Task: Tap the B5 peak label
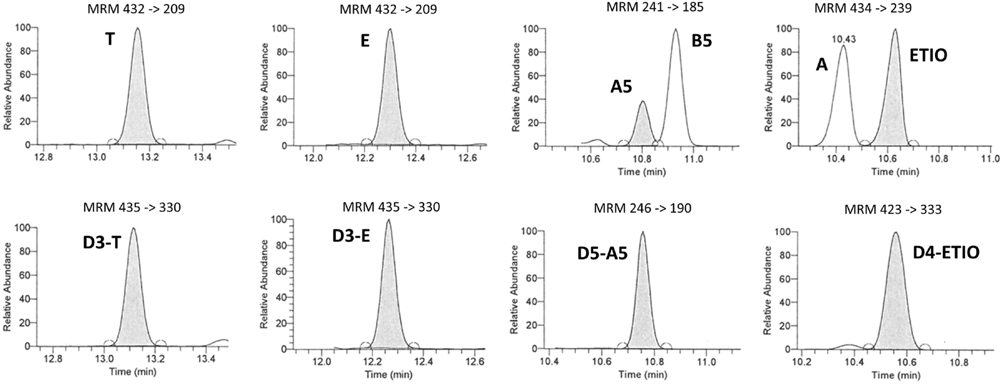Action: pyautogui.click(x=701, y=40)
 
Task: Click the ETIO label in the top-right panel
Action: pyautogui.click(x=928, y=71)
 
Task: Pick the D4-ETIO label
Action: pyautogui.click(x=946, y=252)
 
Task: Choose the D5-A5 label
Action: pyautogui.click(x=602, y=253)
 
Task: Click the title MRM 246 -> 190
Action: pyautogui.click(x=643, y=209)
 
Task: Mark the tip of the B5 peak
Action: pyautogui.click(x=676, y=30)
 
